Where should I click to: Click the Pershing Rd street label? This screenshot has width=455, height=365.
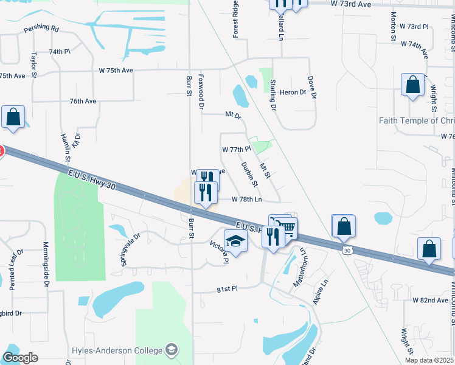point(41,29)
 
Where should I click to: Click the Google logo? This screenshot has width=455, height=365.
point(20,358)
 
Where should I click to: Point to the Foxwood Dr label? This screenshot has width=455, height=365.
point(201,91)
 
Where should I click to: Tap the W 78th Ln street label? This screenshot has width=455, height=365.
point(247,199)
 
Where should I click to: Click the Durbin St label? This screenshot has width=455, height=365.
point(249,174)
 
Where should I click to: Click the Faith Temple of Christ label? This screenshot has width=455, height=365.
point(417,120)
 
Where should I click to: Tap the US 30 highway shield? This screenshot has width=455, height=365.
point(347,250)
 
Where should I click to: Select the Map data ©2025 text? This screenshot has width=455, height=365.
point(429,360)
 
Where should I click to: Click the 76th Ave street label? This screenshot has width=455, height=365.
point(83,101)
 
